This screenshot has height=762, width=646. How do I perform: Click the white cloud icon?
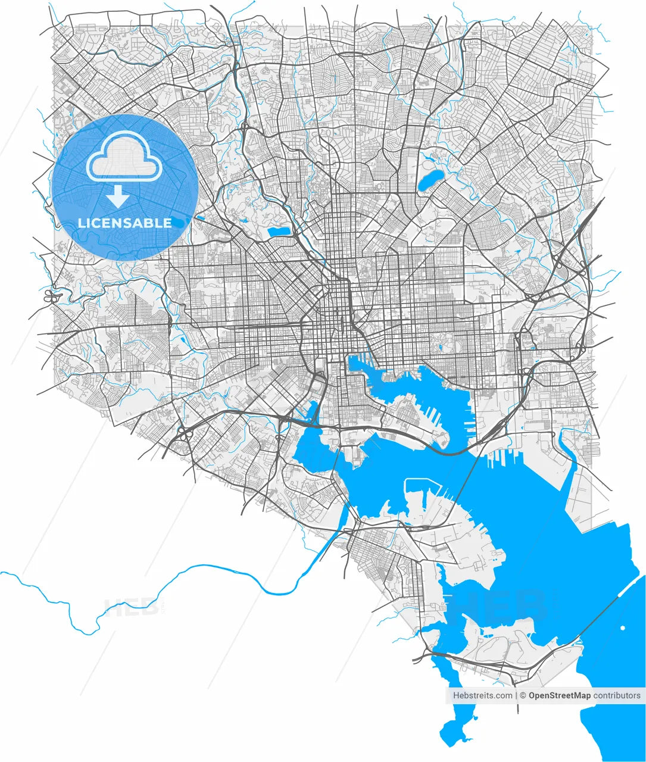tap(124, 156)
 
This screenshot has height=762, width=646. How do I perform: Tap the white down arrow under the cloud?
tap(118, 196)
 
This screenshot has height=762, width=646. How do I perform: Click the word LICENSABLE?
tap(125, 223)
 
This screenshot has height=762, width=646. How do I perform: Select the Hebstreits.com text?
tap(482, 695)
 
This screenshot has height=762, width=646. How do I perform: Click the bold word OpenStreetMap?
tap(559, 695)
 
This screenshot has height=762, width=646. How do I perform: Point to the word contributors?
tap(617, 695)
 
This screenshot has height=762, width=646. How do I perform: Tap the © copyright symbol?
tap(523, 695)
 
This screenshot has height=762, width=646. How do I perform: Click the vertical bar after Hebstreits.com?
tap(516, 695)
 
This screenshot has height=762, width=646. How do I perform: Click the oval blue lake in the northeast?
tap(430, 180)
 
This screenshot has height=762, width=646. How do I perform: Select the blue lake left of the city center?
tap(277, 231)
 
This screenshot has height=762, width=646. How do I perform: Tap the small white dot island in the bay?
tap(623, 628)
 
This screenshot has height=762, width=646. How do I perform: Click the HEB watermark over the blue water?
tap(500, 604)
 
